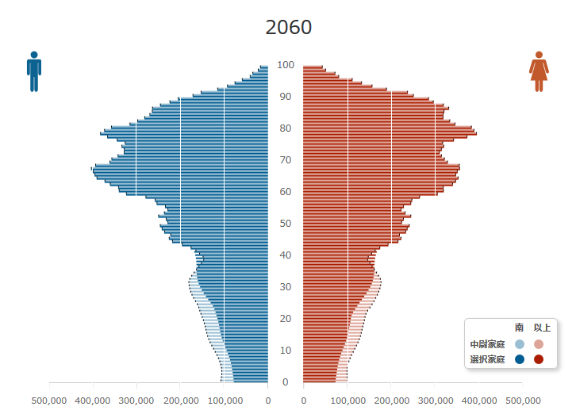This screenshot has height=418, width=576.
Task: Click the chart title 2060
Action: tap(289, 27)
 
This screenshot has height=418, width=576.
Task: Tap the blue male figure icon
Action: tap(33, 71)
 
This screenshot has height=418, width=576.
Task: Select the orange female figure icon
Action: tap(539, 71)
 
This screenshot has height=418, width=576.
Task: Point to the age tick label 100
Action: tap(286, 65)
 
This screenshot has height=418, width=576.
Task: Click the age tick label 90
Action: tap(286, 97)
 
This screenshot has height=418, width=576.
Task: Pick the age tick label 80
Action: tap(286, 128)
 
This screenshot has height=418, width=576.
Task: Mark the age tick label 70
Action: tap(286, 160)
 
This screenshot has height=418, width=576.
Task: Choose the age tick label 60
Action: tap(286, 192)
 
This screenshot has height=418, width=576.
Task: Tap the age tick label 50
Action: tap(286, 224)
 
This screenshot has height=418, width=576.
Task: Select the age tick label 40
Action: tap(286, 255)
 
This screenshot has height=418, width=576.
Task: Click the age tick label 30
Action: tap(286, 287)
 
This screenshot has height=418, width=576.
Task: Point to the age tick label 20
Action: tap(286, 319)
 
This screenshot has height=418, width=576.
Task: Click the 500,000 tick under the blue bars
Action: tap(49, 401)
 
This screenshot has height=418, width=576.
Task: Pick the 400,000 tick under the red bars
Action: tap(478, 401)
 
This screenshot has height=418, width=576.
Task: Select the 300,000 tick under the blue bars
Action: tap(136, 401)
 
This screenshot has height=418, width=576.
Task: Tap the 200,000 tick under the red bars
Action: tap(391, 401)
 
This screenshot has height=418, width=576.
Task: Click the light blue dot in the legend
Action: tap(520, 344)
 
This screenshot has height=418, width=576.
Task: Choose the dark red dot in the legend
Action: tap(539, 359)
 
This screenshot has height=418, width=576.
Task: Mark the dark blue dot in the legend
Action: tap(520, 359)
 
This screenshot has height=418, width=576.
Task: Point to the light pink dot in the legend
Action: tap(539, 344)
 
